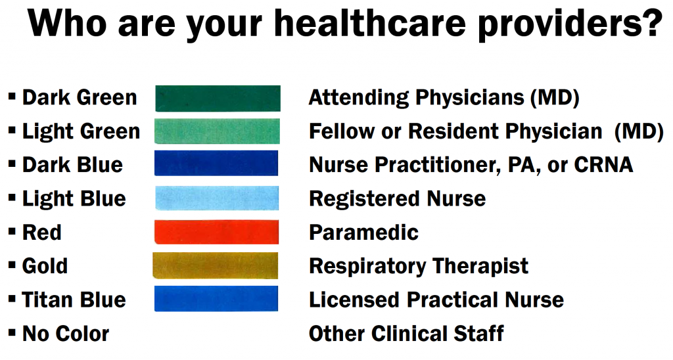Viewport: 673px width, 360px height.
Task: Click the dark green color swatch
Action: point(218,99)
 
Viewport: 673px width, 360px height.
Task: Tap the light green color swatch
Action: point(217,131)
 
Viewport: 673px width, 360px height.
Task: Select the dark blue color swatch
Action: point(216,163)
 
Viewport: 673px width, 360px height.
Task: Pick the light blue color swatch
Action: point(217,198)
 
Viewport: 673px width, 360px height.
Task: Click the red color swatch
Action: point(216,232)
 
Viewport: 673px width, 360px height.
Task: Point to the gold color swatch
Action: point(216,265)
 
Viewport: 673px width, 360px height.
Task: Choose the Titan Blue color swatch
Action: point(216,299)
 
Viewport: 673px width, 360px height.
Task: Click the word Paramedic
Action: point(363,233)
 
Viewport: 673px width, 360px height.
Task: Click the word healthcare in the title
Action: point(370,23)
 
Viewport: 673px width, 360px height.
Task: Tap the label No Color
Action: point(66,334)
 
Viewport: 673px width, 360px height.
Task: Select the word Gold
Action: point(45,266)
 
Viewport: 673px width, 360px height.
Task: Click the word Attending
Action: point(359,98)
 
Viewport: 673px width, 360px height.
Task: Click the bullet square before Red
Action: point(12,231)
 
